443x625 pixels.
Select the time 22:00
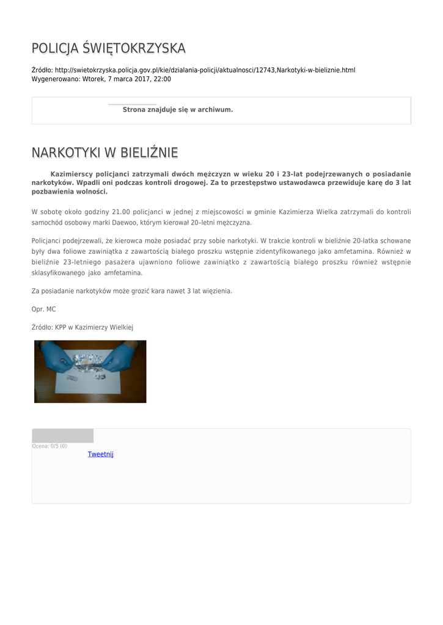163,79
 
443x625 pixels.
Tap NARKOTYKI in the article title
67,152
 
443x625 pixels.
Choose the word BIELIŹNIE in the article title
149,152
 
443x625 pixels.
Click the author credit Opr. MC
43,309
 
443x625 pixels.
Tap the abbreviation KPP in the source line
60,328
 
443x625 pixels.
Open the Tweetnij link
100,454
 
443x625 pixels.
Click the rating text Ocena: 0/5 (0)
49,446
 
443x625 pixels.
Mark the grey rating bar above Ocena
62,436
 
